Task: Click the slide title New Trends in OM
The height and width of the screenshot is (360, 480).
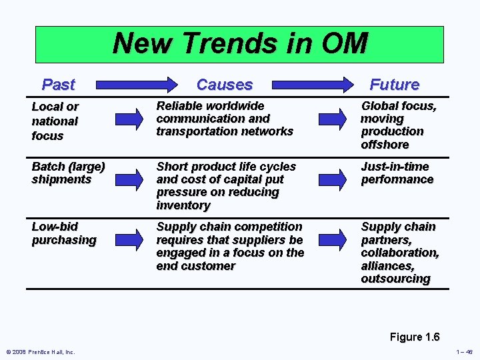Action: point(239,44)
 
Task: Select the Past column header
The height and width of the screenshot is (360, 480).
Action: point(58,85)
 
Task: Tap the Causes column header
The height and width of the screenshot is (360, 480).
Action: point(225,85)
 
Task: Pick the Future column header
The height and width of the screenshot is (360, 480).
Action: point(394,85)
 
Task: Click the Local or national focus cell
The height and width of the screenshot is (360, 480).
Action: point(55,121)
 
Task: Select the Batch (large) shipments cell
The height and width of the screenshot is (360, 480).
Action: point(68,173)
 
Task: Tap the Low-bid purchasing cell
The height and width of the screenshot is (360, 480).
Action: point(63,233)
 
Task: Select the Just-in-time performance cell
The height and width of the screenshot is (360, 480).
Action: point(397,173)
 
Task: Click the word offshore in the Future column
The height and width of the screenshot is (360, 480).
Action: point(385,145)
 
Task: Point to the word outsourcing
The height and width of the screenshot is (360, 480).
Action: point(395,279)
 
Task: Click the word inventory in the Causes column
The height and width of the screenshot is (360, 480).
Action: point(183,205)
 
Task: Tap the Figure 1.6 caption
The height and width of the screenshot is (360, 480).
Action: point(415,337)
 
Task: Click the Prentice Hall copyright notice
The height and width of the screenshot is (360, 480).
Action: point(41,352)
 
